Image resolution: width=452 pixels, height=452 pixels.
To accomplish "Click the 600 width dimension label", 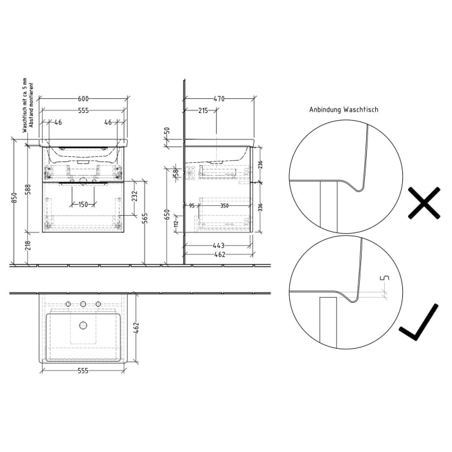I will (83, 99).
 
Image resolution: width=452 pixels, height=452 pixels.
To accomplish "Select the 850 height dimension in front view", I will (14, 201).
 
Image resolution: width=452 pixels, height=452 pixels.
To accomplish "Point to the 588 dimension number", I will (27, 188).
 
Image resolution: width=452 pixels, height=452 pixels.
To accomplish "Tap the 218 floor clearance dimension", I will (27, 247).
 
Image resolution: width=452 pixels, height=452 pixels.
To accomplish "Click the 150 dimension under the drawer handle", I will (83, 205).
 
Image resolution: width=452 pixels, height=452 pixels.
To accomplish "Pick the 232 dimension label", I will (134, 196).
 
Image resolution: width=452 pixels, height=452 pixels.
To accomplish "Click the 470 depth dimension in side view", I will (219, 99).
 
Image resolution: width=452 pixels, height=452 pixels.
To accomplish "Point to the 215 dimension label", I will (202, 111).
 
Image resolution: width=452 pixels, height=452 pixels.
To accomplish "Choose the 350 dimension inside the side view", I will (223, 205).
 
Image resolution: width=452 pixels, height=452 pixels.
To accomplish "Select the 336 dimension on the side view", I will (260, 207).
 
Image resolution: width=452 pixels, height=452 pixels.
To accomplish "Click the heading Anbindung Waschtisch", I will (344, 110).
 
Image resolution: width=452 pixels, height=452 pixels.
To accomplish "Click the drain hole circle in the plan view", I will (83, 325).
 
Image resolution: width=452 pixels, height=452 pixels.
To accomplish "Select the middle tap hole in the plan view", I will (83, 303).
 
